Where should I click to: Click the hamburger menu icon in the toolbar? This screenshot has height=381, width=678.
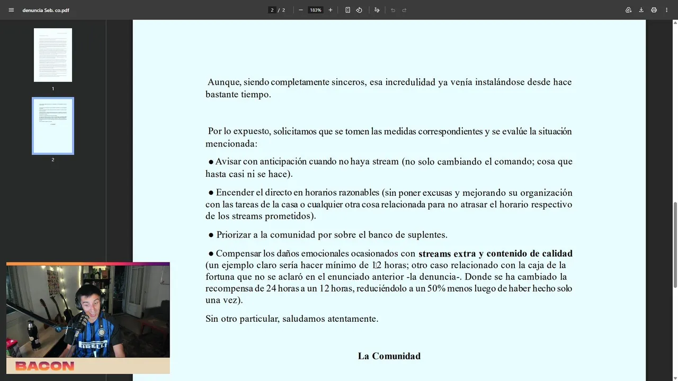11,10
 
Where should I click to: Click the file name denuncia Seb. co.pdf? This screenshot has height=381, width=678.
46,10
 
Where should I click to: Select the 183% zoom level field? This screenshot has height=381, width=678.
316,10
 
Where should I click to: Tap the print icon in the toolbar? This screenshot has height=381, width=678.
654,10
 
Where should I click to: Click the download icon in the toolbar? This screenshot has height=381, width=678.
641,10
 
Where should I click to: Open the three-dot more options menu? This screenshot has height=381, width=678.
666,10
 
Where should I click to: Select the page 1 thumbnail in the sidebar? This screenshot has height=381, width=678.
53,55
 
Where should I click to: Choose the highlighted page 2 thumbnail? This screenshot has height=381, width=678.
53,126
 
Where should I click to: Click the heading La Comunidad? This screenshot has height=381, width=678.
389,356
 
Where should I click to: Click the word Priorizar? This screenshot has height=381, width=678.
235,235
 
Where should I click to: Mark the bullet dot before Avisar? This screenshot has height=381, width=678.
211,162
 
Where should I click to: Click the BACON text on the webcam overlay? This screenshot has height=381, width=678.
44,366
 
